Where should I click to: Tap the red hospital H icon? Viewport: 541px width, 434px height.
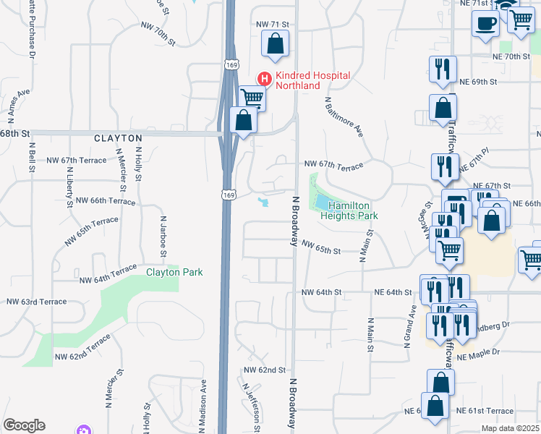[265, 79]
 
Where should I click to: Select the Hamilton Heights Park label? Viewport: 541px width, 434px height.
[349, 210]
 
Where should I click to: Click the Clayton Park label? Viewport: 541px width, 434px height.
[174, 272]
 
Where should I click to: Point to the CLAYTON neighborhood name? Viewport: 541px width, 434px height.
[117, 137]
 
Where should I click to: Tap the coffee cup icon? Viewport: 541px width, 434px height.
[485, 22]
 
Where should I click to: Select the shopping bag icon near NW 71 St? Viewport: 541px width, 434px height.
[276, 45]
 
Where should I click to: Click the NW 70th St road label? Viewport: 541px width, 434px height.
[158, 34]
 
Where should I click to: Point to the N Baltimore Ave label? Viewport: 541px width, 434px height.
[343, 116]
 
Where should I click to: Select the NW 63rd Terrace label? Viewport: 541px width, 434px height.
[36, 302]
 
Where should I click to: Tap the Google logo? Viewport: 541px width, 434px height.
[24, 425]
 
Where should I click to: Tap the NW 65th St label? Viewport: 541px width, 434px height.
[321, 250]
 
